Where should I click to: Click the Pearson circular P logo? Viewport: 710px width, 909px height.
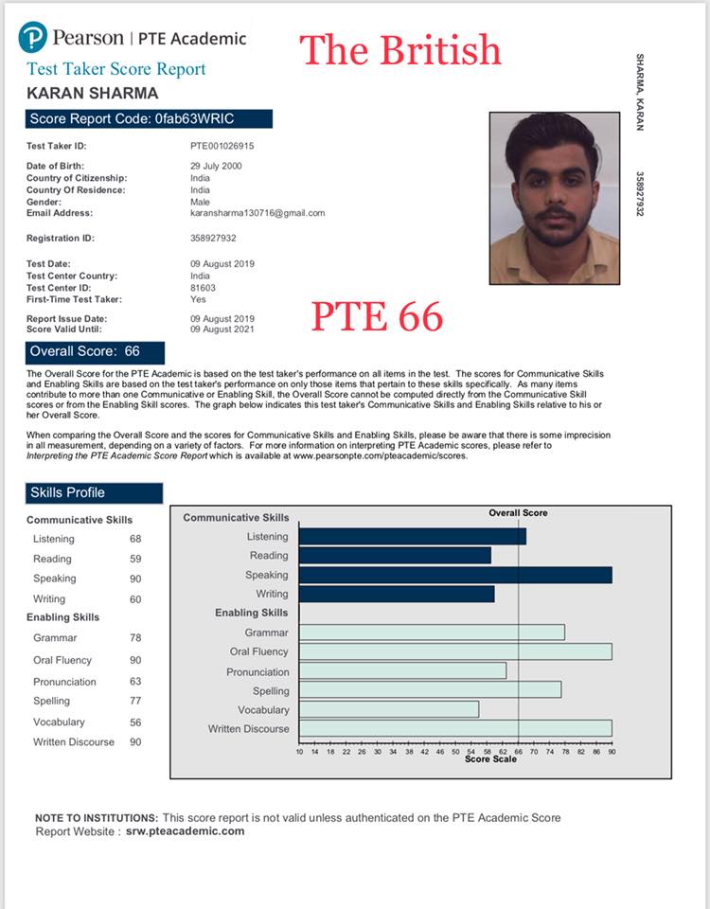click(x=32, y=37)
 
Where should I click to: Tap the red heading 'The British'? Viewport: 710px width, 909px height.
click(x=400, y=49)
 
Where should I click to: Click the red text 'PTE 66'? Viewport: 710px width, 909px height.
click(x=377, y=316)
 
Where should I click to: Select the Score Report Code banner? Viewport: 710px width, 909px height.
click(x=150, y=118)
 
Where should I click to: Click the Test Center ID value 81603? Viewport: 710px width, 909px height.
click(x=203, y=287)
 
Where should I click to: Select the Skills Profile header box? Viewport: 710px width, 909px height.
click(x=95, y=492)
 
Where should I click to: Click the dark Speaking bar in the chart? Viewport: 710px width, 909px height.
click(x=454, y=575)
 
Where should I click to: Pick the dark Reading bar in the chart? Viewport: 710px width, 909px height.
click(x=394, y=556)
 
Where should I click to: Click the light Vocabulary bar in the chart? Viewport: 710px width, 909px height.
click(x=388, y=709)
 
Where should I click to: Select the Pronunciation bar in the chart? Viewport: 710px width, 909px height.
click(x=402, y=671)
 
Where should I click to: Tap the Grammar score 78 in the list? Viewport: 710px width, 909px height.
click(x=135, y=638)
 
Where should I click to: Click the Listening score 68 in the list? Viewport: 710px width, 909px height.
click(x=135, y=539)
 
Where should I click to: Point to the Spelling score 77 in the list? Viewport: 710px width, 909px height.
click(x=135, y=701)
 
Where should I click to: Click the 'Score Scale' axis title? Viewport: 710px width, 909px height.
click(x=490, y=759)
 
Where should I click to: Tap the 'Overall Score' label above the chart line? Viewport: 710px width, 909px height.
click(x=518, y=513)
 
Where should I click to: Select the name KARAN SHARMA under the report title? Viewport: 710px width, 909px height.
click(x=93, y=93)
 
